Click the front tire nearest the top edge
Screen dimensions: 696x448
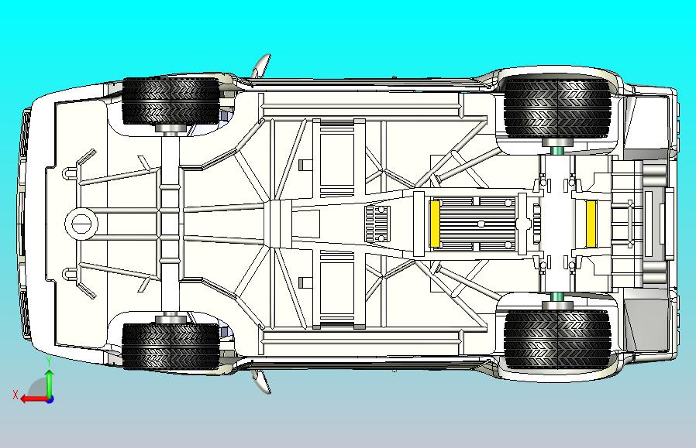coord(171,101)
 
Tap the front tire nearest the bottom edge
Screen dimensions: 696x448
coord(171,347)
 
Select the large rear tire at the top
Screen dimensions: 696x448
coord(557,108)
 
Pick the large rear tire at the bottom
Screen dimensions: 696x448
coord(557,340)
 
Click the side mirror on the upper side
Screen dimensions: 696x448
coord(262,66)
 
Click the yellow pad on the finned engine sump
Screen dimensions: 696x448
coord(435,224)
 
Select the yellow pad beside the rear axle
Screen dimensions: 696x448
coord(591,224)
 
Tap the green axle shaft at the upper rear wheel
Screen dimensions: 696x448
coord(557,151)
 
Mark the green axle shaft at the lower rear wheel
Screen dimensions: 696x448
coord(557,297)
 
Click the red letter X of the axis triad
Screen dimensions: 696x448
coord(16,395)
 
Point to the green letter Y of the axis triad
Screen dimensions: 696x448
coord(50,362)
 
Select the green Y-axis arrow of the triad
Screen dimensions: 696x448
coord(50,383)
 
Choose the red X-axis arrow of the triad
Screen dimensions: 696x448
coord(35,399)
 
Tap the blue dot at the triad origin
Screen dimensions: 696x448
coord(50,399)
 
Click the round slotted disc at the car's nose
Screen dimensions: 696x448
coord(81,224)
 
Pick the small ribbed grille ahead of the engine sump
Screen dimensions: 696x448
coord(377,224)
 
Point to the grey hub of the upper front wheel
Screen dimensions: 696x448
coord(171,129)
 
